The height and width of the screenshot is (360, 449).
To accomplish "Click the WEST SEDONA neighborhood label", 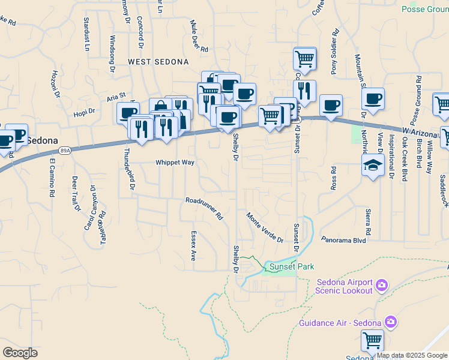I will click(x=158, y=62).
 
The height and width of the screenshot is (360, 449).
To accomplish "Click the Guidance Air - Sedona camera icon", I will click(x=391, y=323).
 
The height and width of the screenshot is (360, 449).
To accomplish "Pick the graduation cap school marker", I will click(x=373, y=164).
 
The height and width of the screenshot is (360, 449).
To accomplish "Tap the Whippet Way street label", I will click(x=175, y=163).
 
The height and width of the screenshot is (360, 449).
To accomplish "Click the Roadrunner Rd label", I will click(x=204, y=208).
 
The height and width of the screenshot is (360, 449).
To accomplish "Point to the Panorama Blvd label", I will click(x=343, y=240).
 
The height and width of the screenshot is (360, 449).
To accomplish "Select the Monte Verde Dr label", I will click(x=264, y=227).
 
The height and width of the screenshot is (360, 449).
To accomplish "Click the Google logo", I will click(x=20, y=352).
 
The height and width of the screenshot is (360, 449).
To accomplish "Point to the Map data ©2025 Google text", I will click(x=412, y=355).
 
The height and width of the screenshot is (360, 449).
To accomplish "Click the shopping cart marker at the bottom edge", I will click(x=373, y=340).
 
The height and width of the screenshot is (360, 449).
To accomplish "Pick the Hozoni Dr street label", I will click(x=55, y=83).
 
